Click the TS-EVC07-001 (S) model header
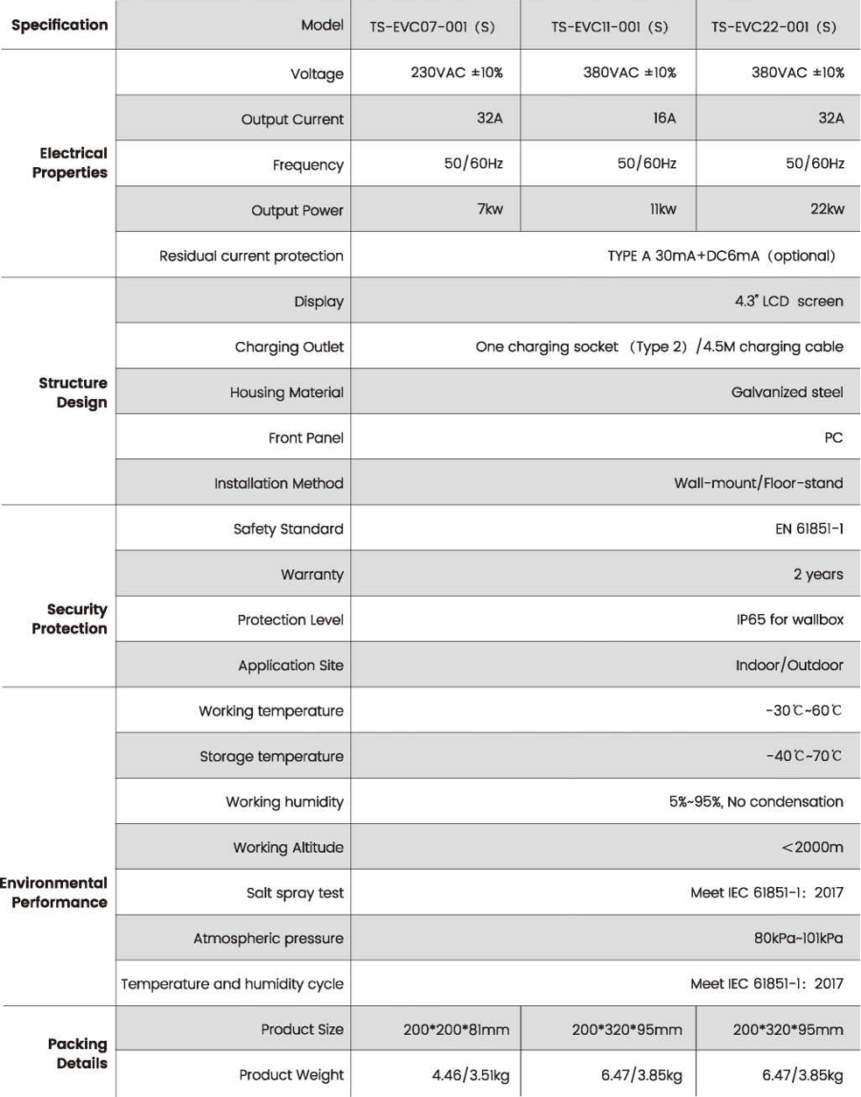pos(432,26)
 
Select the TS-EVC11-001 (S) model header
pos(609,26)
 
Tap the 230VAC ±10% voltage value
pos(457,73)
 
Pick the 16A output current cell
pos(664,118)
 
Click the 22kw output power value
pos(827,209)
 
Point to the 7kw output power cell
pos(490,209)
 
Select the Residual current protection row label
pos(251,255)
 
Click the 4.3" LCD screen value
pos(788,301)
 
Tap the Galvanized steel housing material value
pos(787,392)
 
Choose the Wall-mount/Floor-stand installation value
pos(758,483)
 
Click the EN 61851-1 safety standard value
pos(808,528)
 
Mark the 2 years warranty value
pos(818,574)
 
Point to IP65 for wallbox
pos(789,619)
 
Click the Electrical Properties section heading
pos(70,163)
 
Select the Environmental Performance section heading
pos(54,892)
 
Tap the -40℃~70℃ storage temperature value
pos(803,756)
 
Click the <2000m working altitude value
pos(812,847)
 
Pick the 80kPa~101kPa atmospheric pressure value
pos(798,938)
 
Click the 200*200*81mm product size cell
pos(456,1030)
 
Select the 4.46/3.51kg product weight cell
pos(470,1075)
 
